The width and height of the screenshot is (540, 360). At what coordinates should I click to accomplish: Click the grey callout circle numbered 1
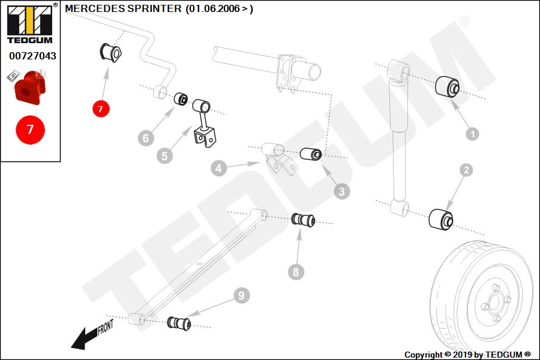pyautogui.click(x=472, y=134)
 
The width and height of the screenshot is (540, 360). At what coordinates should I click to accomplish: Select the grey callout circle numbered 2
pyautogui.click(x=466, y=170)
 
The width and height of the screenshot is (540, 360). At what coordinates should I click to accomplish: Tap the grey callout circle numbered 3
pyautogui.click(x=341, y=191)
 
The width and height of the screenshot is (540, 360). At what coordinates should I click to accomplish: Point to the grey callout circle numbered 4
pyautogui.click(x=218, y=168)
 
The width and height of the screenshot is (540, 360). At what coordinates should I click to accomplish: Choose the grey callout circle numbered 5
pyautogui.click(x=164, y=156)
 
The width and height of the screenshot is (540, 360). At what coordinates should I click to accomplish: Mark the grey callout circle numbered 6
pyautogui.click(x=146, y=138)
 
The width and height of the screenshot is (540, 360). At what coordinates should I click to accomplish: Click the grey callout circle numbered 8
pyautogui.click(x=296, y=272)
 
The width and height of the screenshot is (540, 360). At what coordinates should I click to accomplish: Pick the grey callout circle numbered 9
pyautogui.click(x=241, y=295)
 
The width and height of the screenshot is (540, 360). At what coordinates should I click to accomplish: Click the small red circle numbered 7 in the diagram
pyautogui.click(x=101, y=109)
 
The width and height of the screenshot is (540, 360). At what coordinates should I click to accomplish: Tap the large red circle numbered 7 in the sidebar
pyautogui.click(x=31, y=130)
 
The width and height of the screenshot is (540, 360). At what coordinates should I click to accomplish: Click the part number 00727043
pyautogui.click(x=32, y=56)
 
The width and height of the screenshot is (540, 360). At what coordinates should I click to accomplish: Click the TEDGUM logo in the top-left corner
pyautogui.click(x=30, y=23)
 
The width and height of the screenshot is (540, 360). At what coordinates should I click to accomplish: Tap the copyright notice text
pyautogui.click(x=467, y=355)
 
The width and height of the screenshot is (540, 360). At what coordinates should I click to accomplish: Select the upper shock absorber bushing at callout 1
pyautogui.click(x=448, y=86)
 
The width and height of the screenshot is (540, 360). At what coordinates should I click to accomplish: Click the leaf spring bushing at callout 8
pyautogui.click(x=303, y=220)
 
